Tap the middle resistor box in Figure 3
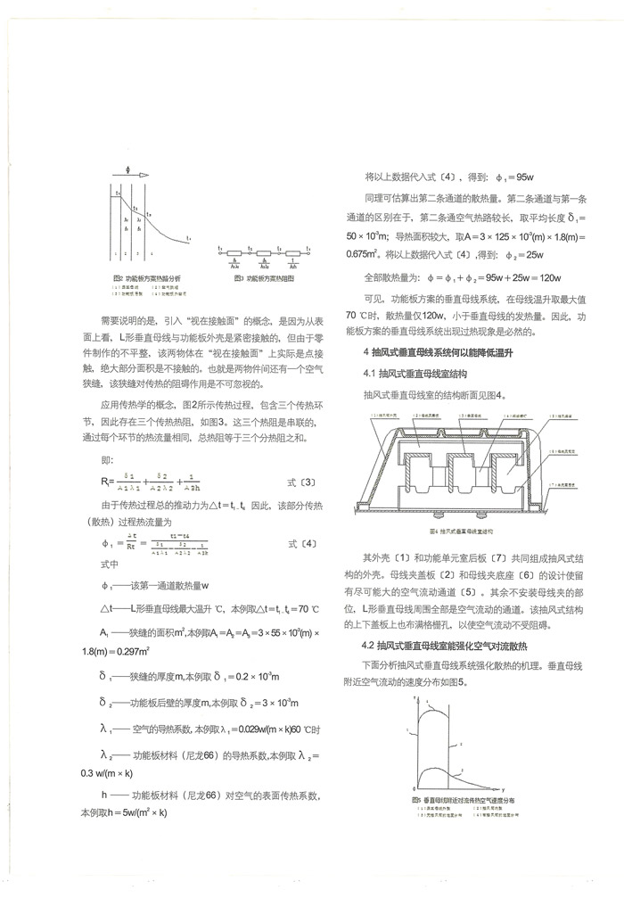[264, 253]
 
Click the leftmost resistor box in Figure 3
[236, 253]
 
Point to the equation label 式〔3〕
[300, 482]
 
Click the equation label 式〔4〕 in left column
[300, 543]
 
